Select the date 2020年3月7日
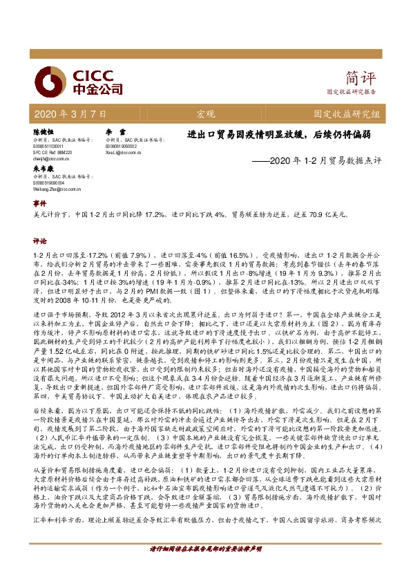pos(70,113)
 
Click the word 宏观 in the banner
pos(205,113)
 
